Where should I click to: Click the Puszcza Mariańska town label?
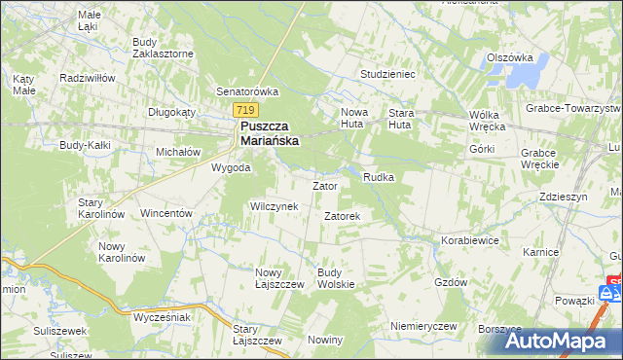coord(270,133)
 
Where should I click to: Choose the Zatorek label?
coord(343,215)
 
